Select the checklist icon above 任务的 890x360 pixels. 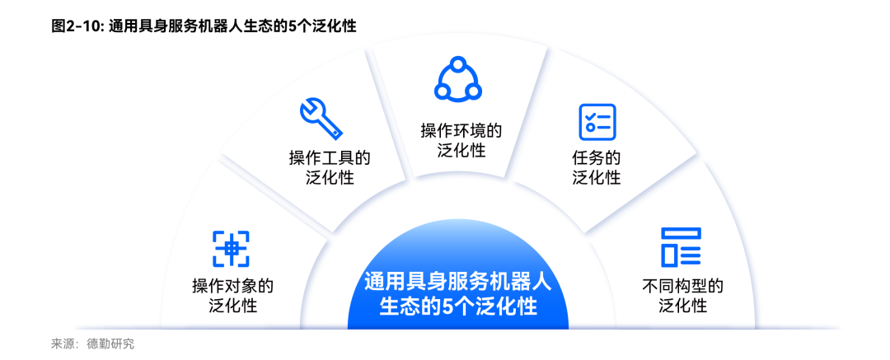point(597,122)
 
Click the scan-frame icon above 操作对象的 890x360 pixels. point(231,249)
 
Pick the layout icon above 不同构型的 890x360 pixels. point(682,247)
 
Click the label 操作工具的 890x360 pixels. point(329,158)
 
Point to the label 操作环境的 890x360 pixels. point(461,131)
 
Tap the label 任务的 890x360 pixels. point(596,158)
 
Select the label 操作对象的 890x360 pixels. point(232,286)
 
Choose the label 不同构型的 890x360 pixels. point(683,286)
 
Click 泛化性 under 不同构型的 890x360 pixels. point(683,306)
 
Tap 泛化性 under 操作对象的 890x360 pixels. point(232,306)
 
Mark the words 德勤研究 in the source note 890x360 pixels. point(110,344)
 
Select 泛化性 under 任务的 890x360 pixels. point(596,177)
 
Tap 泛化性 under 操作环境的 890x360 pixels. point(461,151)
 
